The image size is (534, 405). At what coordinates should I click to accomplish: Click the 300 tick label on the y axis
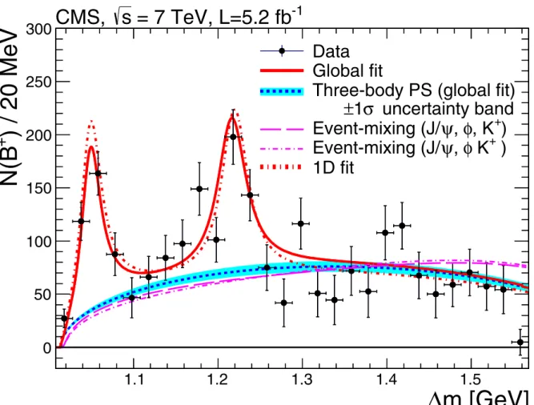tap(38, 30)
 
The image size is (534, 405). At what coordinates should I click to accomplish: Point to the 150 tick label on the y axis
tap(38, 188)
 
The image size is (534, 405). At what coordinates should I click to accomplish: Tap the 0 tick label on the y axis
tap(47, 348)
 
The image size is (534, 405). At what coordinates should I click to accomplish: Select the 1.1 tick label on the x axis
tap(134, 379)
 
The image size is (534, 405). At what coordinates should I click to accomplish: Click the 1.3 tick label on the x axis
tap(303, 379)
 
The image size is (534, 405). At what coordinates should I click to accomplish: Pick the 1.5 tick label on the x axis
tap(471, 379)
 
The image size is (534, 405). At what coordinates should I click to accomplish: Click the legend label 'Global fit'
tap(347, 70)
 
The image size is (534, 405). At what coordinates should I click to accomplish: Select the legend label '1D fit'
tap(333, 167)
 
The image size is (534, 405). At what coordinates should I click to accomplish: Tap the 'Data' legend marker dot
tap(282, 51)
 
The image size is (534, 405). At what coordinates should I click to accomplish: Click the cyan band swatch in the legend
tap(282, 91)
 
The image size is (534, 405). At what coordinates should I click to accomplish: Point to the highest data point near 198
tap(233, 137)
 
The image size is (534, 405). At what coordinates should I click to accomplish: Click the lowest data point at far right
tap(520, 342)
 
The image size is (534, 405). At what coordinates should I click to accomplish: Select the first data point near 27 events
tap(64, 319)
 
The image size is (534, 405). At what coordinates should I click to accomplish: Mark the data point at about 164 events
tap(98, 173)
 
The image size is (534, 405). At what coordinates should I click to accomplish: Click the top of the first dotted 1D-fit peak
tap(91, 121)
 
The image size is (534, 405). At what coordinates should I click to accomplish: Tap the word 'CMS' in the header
tap(78, 17)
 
